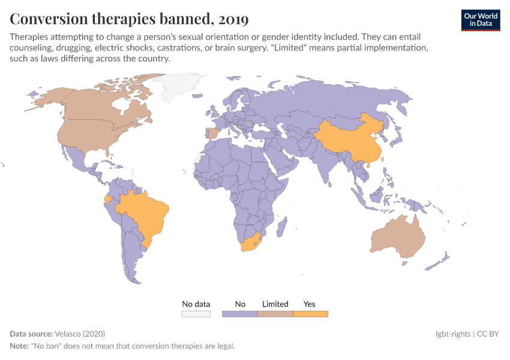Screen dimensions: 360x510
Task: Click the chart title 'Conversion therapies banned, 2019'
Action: point(129,19)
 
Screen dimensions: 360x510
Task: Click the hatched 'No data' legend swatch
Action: point(196,314)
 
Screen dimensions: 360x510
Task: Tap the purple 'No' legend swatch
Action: point(240,314)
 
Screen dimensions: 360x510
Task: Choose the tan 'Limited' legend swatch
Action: point(275,314)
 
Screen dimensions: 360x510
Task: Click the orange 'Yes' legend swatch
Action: point(310,314)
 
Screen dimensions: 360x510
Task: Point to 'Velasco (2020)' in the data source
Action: point(79,334)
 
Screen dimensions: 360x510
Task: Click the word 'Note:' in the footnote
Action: point(21,346)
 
